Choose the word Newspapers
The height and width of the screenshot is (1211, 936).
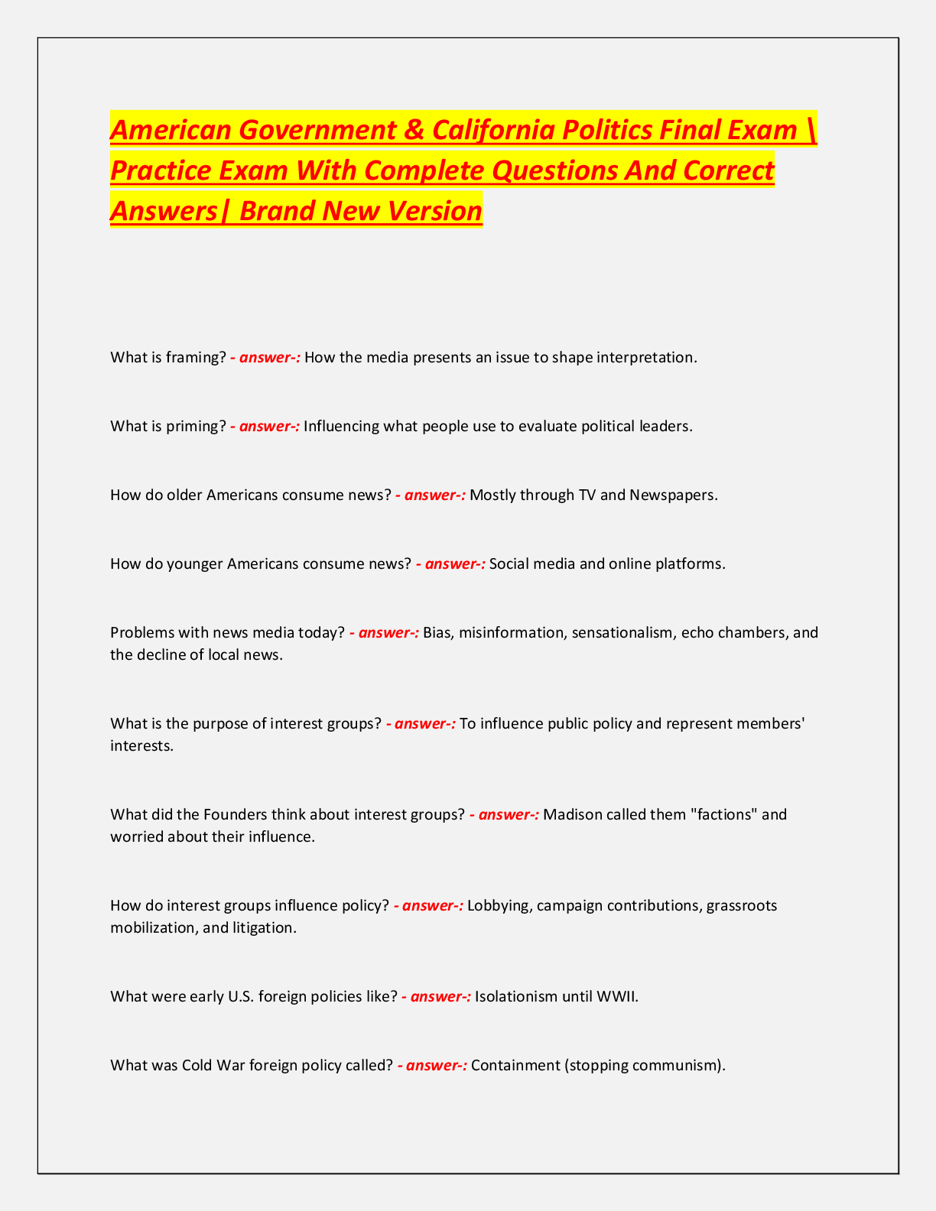673,495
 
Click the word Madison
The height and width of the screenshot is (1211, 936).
572,815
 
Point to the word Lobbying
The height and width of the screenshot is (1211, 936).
500,906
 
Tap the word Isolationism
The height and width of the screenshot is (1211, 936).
516,997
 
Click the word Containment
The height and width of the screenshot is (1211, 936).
515,1066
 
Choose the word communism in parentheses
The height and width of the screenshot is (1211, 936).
680,1066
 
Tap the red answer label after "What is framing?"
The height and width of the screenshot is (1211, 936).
265,358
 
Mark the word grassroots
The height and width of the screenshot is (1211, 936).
742,906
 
